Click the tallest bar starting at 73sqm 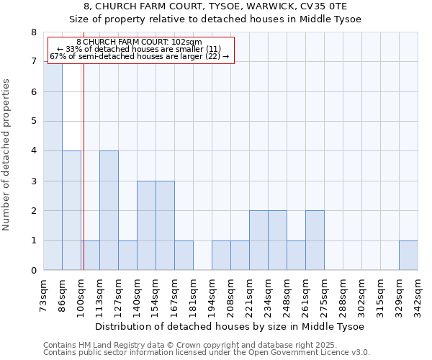click(x=53, y=166)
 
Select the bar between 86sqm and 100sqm click(x=71, y=210)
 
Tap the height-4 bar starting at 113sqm click(x=109, y=210)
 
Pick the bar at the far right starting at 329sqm click(x=408, y=256)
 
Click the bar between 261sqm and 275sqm click(x=315, y=240)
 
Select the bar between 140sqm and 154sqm click(x=146, y=225)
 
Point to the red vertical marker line click(x=84, y=180)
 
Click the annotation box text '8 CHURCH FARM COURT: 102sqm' click(x=139, y=42)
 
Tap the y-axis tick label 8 click(x=33, y=32)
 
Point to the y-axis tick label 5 click(x=33, y=122)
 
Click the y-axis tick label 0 click(x=33, y=271)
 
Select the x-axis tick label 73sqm click(x=44, y=295)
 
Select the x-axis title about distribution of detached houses click(x=230, y=326)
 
